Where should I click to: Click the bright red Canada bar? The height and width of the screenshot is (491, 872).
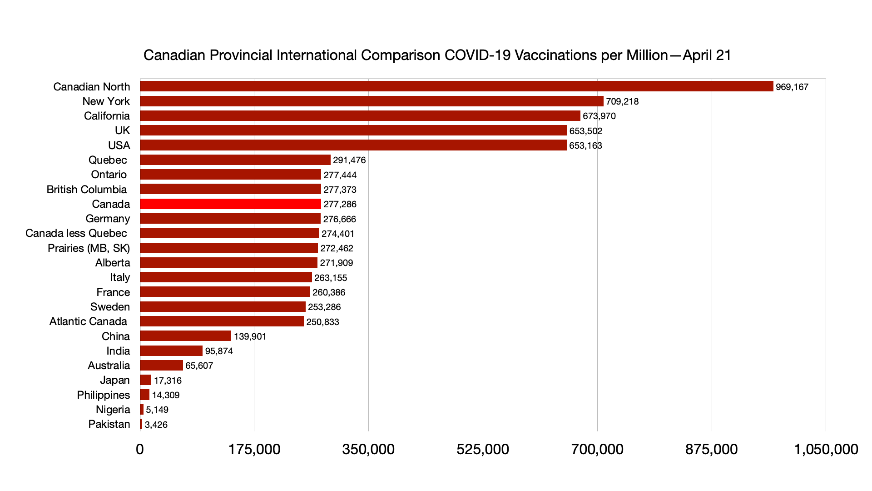coord(230,204)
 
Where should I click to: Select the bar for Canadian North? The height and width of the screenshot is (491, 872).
coord(456,86)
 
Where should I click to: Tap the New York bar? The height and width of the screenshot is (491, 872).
coord(372,101)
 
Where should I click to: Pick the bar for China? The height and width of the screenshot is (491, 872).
coord(186,336)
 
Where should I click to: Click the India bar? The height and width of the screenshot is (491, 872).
coord(171,351)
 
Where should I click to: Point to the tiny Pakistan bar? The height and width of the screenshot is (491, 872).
coord(141,424)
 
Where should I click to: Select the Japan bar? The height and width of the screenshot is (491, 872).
coord(146,380)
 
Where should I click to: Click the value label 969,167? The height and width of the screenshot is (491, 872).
coord(792,87)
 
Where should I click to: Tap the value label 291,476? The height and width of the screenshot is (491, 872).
coord(349,160)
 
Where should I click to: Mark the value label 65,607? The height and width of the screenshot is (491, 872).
coord(199,366)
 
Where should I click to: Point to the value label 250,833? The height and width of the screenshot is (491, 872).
coord(322,322)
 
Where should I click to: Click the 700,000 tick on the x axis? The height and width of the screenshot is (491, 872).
coord(597,449)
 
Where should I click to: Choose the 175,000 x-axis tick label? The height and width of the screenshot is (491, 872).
coord(254,449)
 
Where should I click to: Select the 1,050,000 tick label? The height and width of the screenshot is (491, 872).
coord(826,449)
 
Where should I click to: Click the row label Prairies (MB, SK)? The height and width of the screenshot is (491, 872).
coord(89,248)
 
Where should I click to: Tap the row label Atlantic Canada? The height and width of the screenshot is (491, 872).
coord(88,321)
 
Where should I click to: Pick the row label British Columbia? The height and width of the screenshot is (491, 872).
coord(86,190)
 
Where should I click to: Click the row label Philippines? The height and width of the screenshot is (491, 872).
coord(103,395)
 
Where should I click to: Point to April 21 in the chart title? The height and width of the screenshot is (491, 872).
coord(707,55)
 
